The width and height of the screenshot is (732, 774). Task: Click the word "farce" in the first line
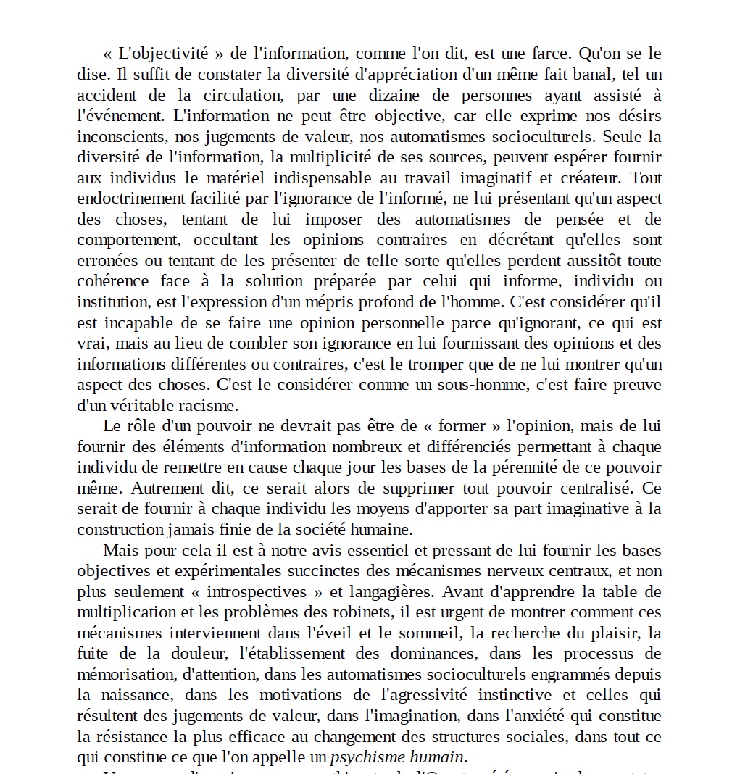(x=552, y=54)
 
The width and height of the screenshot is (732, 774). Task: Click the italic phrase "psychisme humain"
(x=397, y=757)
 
